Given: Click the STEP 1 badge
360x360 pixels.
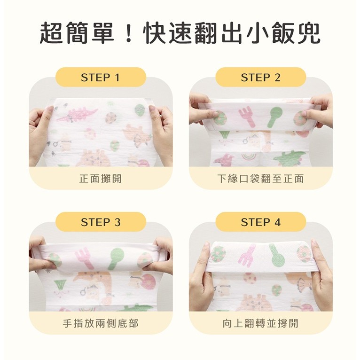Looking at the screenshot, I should coord(101,78).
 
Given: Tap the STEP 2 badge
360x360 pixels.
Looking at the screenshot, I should coord(260,78).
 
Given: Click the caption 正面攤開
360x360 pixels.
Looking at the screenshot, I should coord(101,179).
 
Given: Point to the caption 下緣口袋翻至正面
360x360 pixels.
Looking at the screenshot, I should coord(260,179).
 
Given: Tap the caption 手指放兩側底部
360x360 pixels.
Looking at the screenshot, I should coord(101,323).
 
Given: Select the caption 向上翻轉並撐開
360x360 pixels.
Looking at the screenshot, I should coord(260,323).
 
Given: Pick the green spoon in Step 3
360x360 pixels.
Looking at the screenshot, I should coord(115,258).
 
